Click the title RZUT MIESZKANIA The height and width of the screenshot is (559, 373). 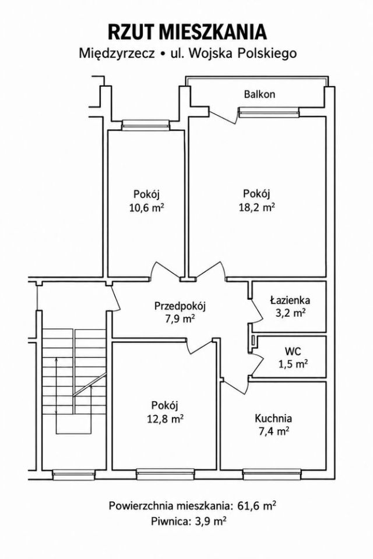pos(187,32)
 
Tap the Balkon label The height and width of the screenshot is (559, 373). pos(259,94)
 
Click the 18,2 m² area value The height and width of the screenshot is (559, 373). pos(256,207)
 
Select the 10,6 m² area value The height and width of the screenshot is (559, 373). pos(146,208)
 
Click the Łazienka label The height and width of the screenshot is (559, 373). pos(290,300)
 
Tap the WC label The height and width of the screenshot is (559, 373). pos(293,351)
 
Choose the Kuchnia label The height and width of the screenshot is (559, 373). pos(273,418)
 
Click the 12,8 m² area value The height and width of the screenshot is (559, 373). pos(166,419)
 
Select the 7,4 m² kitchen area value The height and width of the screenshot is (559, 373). pos(273,431)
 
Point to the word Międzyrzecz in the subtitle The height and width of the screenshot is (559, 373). pos(117,54)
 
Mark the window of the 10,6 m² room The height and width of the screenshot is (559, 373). pos(145,125)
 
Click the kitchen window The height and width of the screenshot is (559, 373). pos(272,474)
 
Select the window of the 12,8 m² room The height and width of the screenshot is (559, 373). pos(166,474)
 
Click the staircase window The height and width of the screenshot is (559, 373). pos(74,474)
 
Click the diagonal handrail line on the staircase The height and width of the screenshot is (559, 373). pos(90,384)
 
